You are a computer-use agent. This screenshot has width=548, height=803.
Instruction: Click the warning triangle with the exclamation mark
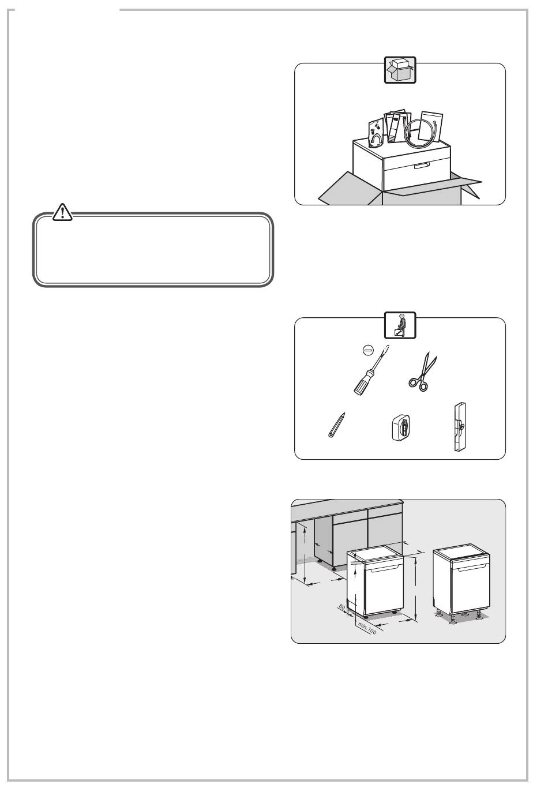62,212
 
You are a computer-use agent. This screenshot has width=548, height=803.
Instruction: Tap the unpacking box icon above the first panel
400,70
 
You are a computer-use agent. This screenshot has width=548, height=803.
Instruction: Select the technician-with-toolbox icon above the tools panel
400,325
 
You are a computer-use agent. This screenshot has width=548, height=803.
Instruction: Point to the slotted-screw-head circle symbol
368,350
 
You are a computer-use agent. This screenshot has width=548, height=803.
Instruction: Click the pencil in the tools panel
336,425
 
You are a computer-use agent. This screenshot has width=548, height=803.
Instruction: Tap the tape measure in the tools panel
401,427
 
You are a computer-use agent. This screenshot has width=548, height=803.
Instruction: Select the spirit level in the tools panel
460,426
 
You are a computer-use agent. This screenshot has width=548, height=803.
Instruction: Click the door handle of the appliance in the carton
422,165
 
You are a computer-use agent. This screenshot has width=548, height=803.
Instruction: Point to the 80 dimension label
342,607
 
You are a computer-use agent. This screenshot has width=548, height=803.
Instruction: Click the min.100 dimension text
367,628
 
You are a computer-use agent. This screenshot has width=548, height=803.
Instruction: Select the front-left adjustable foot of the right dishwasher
453,620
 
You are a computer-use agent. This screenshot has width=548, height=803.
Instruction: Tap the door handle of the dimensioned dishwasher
386,568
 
